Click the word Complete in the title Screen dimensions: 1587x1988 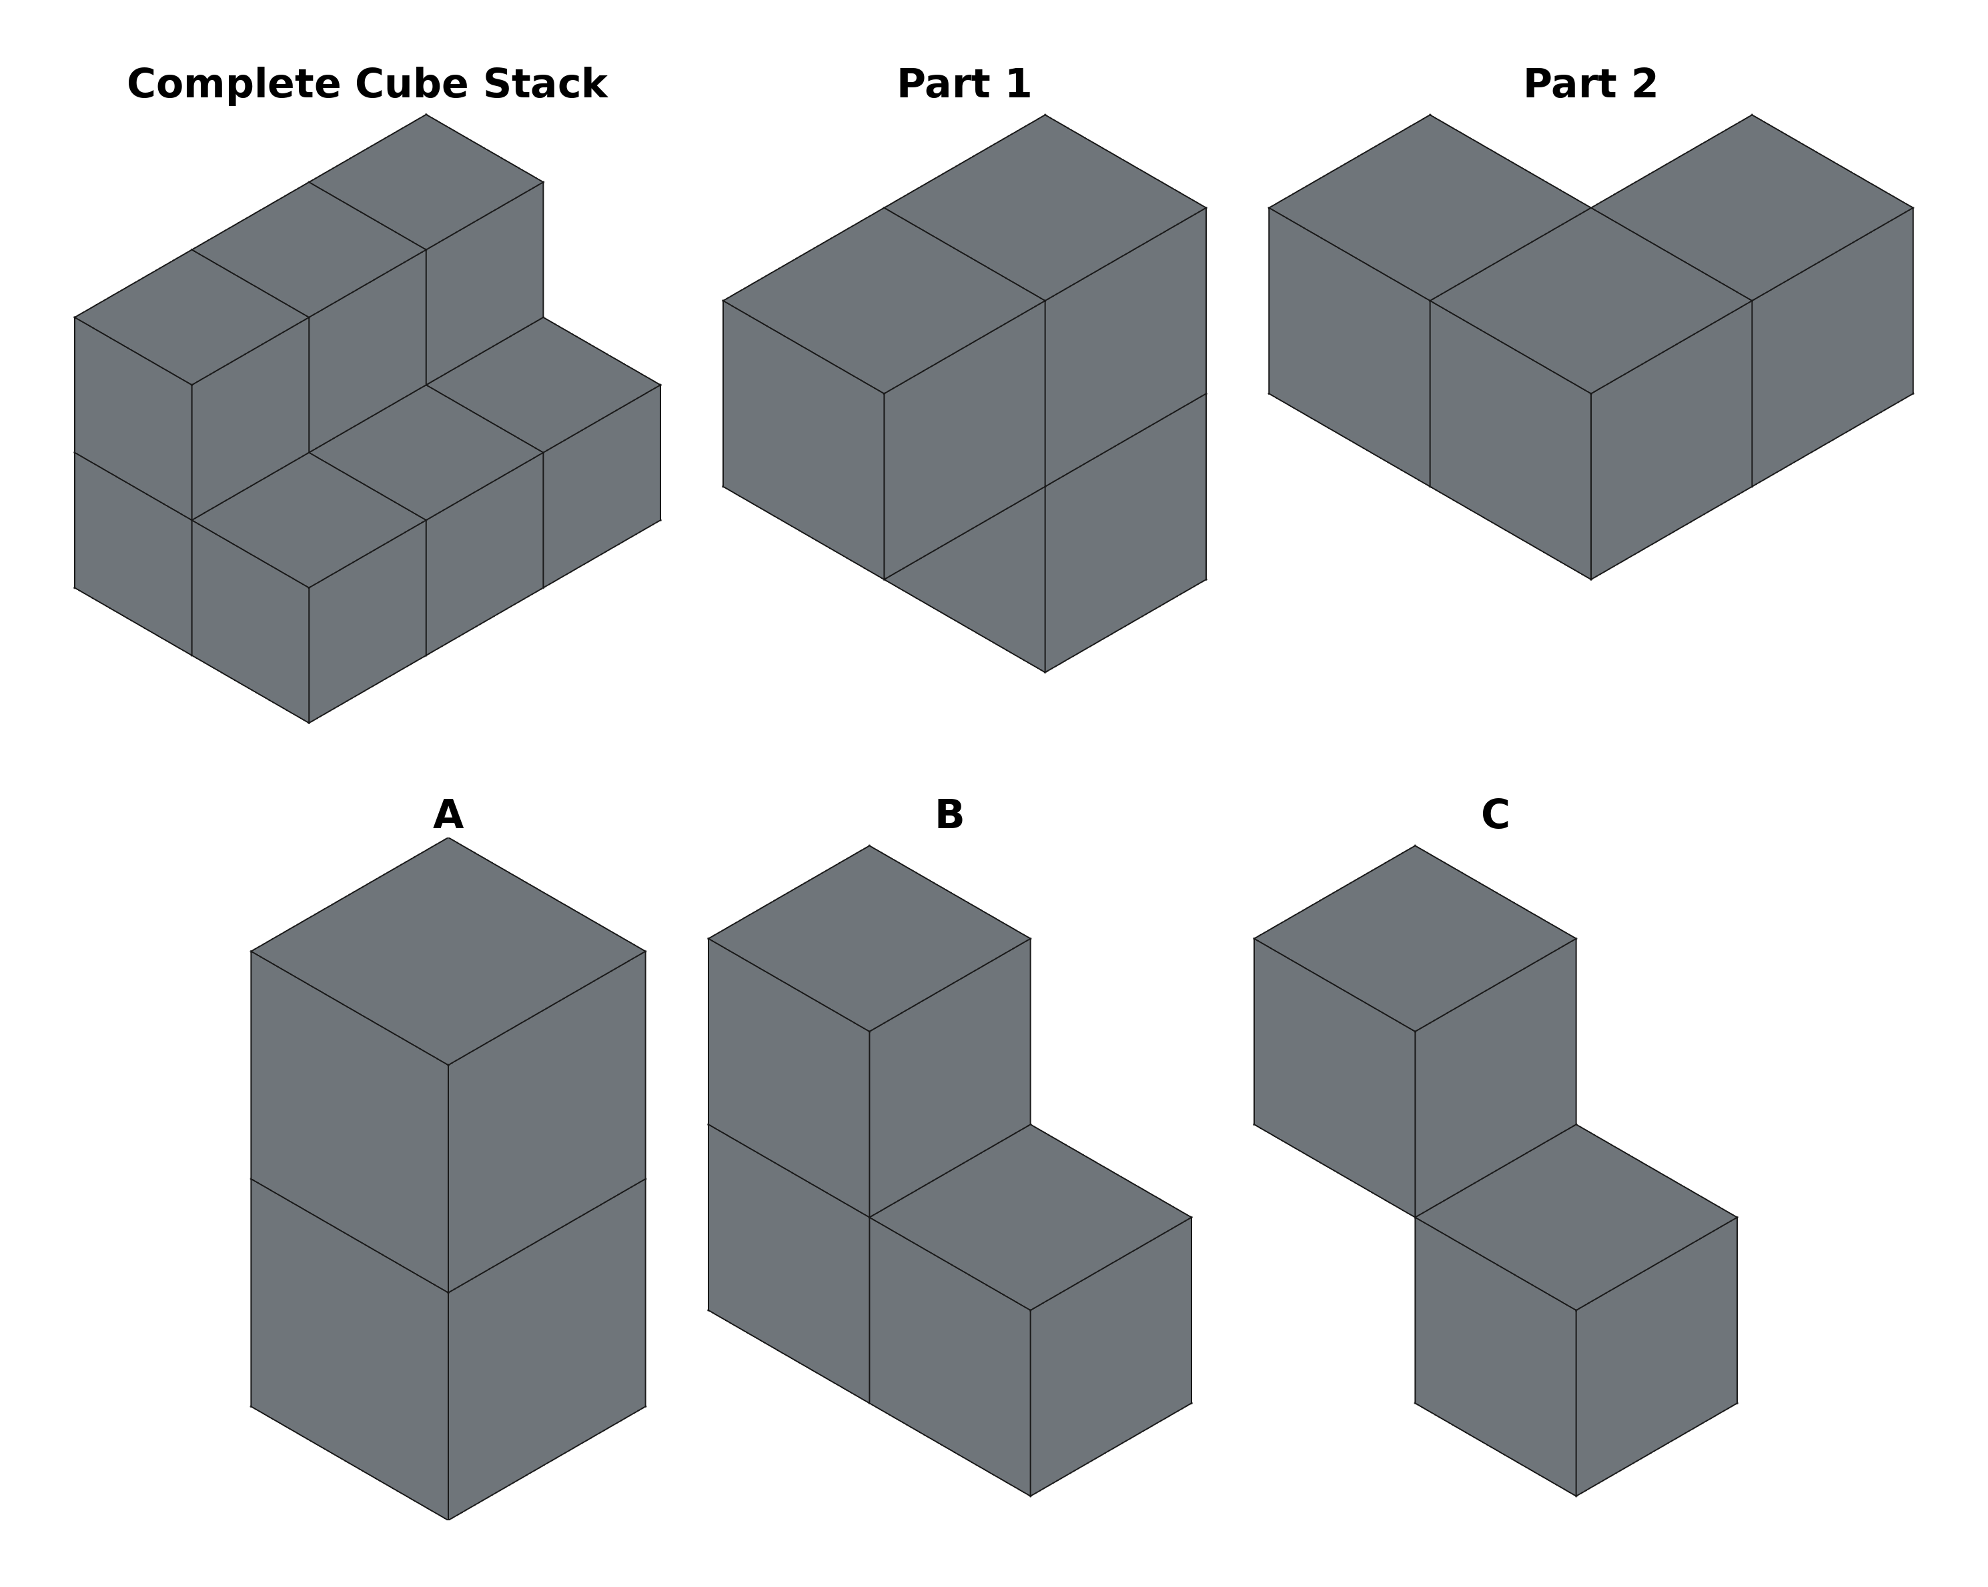[234, 85]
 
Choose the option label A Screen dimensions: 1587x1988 [448, 816]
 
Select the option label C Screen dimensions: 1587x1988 [1495, 816]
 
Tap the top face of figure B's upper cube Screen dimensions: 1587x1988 [869, 939]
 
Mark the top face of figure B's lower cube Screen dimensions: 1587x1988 [1030, 1218]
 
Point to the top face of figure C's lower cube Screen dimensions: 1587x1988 [1576, 1218]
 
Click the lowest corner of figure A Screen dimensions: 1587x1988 [448, 1520]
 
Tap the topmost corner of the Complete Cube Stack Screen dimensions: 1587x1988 [426, 115]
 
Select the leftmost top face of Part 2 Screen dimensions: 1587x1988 [1430, 208]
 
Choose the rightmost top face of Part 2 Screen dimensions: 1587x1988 [1752, 208]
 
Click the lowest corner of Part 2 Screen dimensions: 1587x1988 [1590, 579]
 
